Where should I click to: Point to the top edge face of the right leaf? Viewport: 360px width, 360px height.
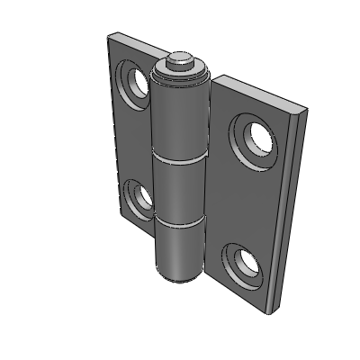(261, 98)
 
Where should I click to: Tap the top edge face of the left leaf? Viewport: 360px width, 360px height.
(135, 43)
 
